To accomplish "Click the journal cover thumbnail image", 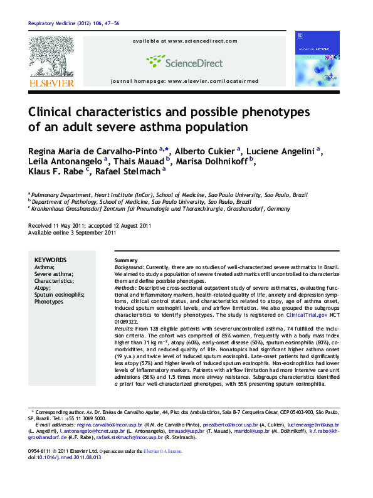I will coord(317,60).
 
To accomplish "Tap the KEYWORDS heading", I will coord(50,260).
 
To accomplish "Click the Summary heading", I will coord(126,260).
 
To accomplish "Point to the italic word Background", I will coord(129,267).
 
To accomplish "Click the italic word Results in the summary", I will coord(123,329).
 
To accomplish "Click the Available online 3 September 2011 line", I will coord(72,233).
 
